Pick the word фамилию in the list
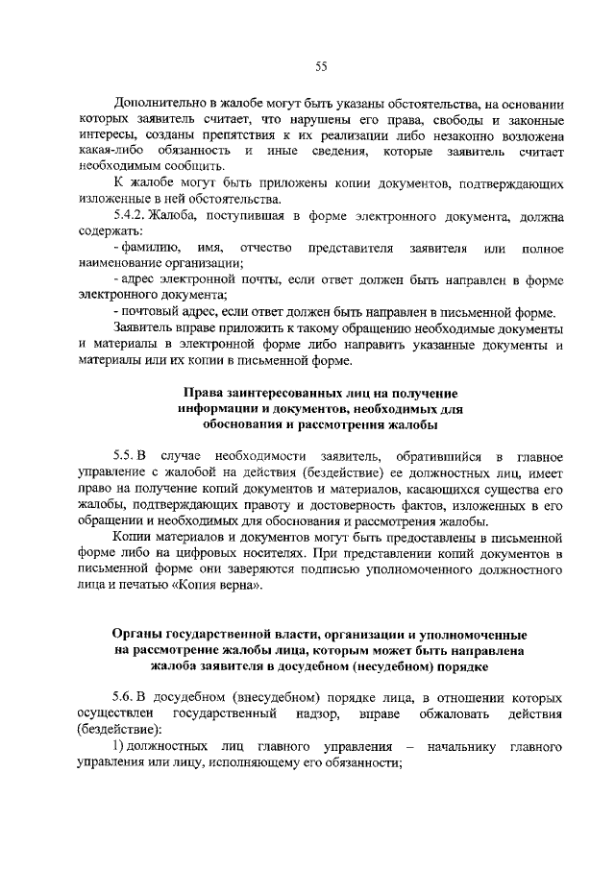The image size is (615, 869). tap(146, 249)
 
